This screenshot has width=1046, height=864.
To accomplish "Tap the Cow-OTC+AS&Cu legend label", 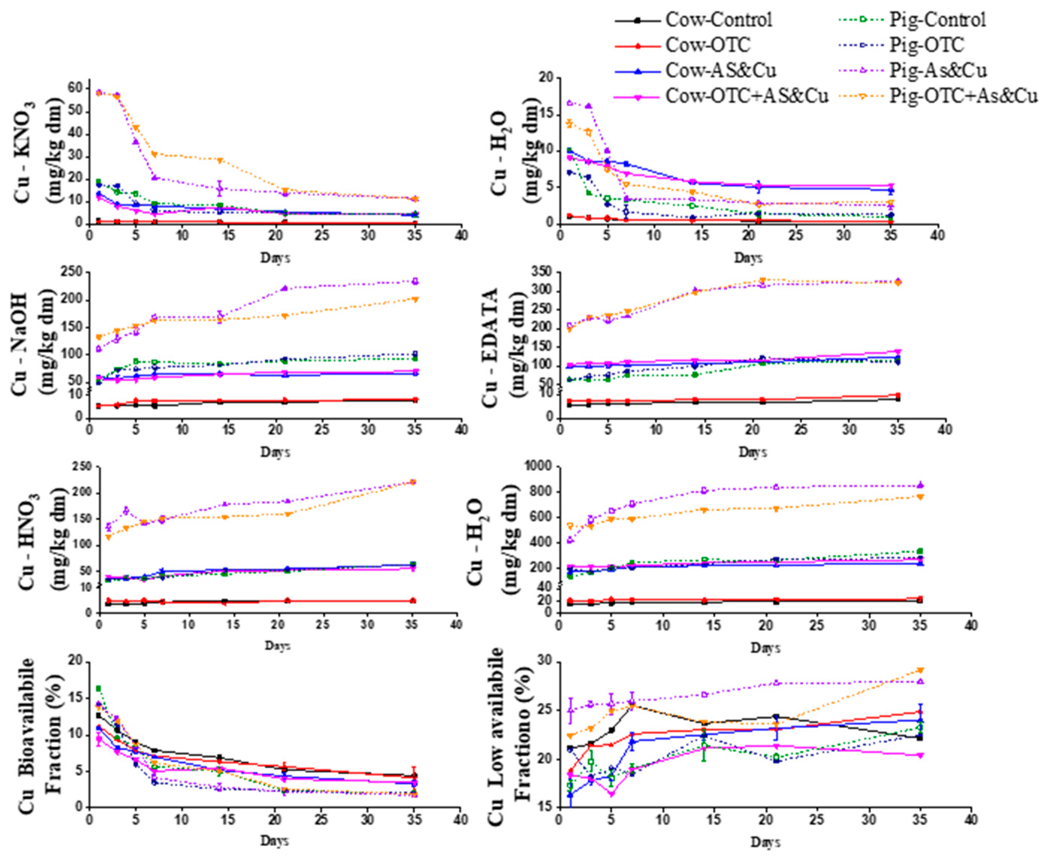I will [747, 96].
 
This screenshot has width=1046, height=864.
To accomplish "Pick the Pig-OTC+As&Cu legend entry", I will [963, 96].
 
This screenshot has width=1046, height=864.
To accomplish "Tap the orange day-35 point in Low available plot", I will [920, 670].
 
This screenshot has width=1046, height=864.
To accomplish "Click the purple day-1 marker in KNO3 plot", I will [99, 93].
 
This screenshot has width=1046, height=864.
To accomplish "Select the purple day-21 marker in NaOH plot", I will [285, 288].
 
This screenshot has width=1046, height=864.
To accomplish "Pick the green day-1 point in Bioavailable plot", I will [99, 688].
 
